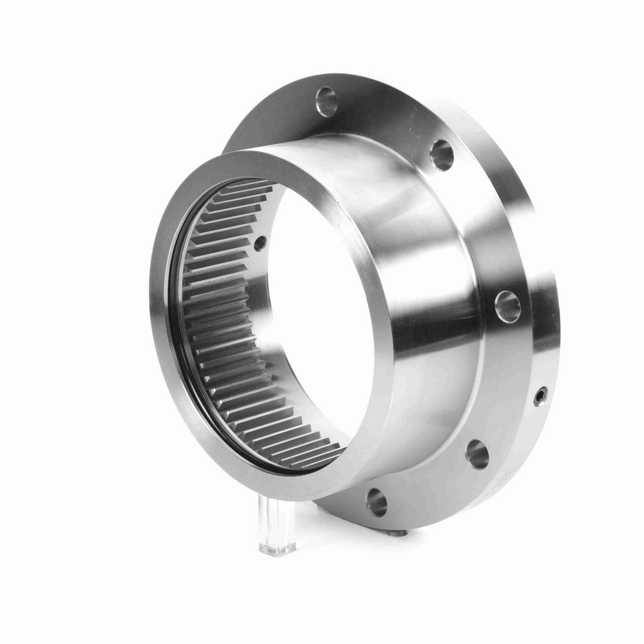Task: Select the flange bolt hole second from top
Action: pyautogui.click(x=442, y=149)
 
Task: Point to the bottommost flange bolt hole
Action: pyautogui.click(x=375, y=500)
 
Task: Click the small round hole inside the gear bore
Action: pyautogui.click(x=261, y=243)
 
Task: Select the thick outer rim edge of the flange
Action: pyautogui.click(x=542, y=268)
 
